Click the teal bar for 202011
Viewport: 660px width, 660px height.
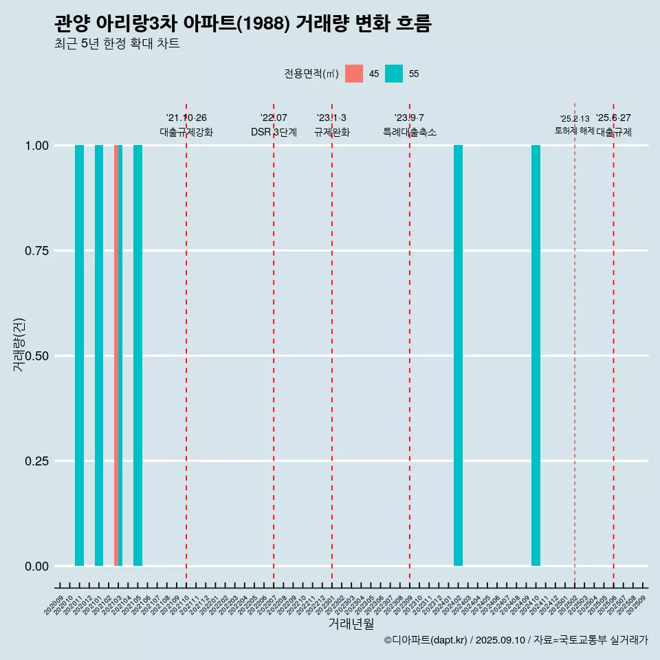point(79,355)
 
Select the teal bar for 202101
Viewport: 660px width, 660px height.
point(99,355)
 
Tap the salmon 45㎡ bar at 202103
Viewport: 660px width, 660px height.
point(116,355)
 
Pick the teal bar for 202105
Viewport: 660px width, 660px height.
point(137,355)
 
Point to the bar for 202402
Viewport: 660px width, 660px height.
point(458,355)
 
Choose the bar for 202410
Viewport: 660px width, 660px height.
point(536,355)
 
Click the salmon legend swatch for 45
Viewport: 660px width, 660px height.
point(354,74)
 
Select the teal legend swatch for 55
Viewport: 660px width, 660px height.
point(394,74)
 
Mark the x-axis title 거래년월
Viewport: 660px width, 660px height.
point(351,624)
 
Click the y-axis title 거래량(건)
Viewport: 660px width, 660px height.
point(19,344)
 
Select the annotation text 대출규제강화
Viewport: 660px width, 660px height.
point(186,132)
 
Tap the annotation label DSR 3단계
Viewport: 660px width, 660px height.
point(274,132)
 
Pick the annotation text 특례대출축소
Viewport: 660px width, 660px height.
point(410,132)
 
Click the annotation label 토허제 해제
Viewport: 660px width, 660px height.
point(574,131)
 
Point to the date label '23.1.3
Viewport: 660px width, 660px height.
point(331,118)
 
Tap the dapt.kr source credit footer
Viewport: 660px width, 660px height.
point(516,640)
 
